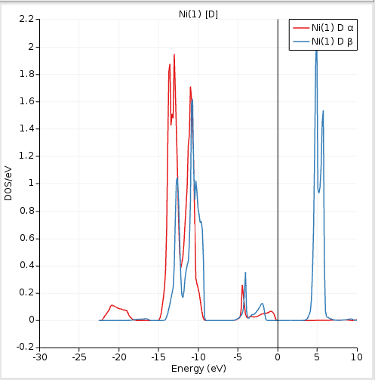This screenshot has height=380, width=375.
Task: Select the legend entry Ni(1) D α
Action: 327,28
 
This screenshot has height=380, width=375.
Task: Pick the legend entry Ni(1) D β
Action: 327,42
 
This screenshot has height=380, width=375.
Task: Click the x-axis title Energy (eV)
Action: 198,368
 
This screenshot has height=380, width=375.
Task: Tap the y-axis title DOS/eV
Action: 8,183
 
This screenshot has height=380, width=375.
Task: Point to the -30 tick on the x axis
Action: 40,356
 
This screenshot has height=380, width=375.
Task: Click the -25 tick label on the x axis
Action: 79,356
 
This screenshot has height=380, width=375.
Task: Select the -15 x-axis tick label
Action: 158,356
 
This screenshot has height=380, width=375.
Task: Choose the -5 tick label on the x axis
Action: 238,356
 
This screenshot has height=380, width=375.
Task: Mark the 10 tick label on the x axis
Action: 356,356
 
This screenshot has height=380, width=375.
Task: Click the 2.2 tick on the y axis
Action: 26,20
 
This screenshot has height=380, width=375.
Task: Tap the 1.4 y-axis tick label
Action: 26,129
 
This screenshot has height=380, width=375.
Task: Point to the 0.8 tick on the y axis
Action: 26,211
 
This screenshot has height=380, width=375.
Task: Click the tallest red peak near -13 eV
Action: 174,56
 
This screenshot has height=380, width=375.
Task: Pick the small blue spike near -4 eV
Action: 245,273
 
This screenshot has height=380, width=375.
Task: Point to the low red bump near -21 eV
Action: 112,306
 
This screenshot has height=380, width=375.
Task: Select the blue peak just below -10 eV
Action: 192,100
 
